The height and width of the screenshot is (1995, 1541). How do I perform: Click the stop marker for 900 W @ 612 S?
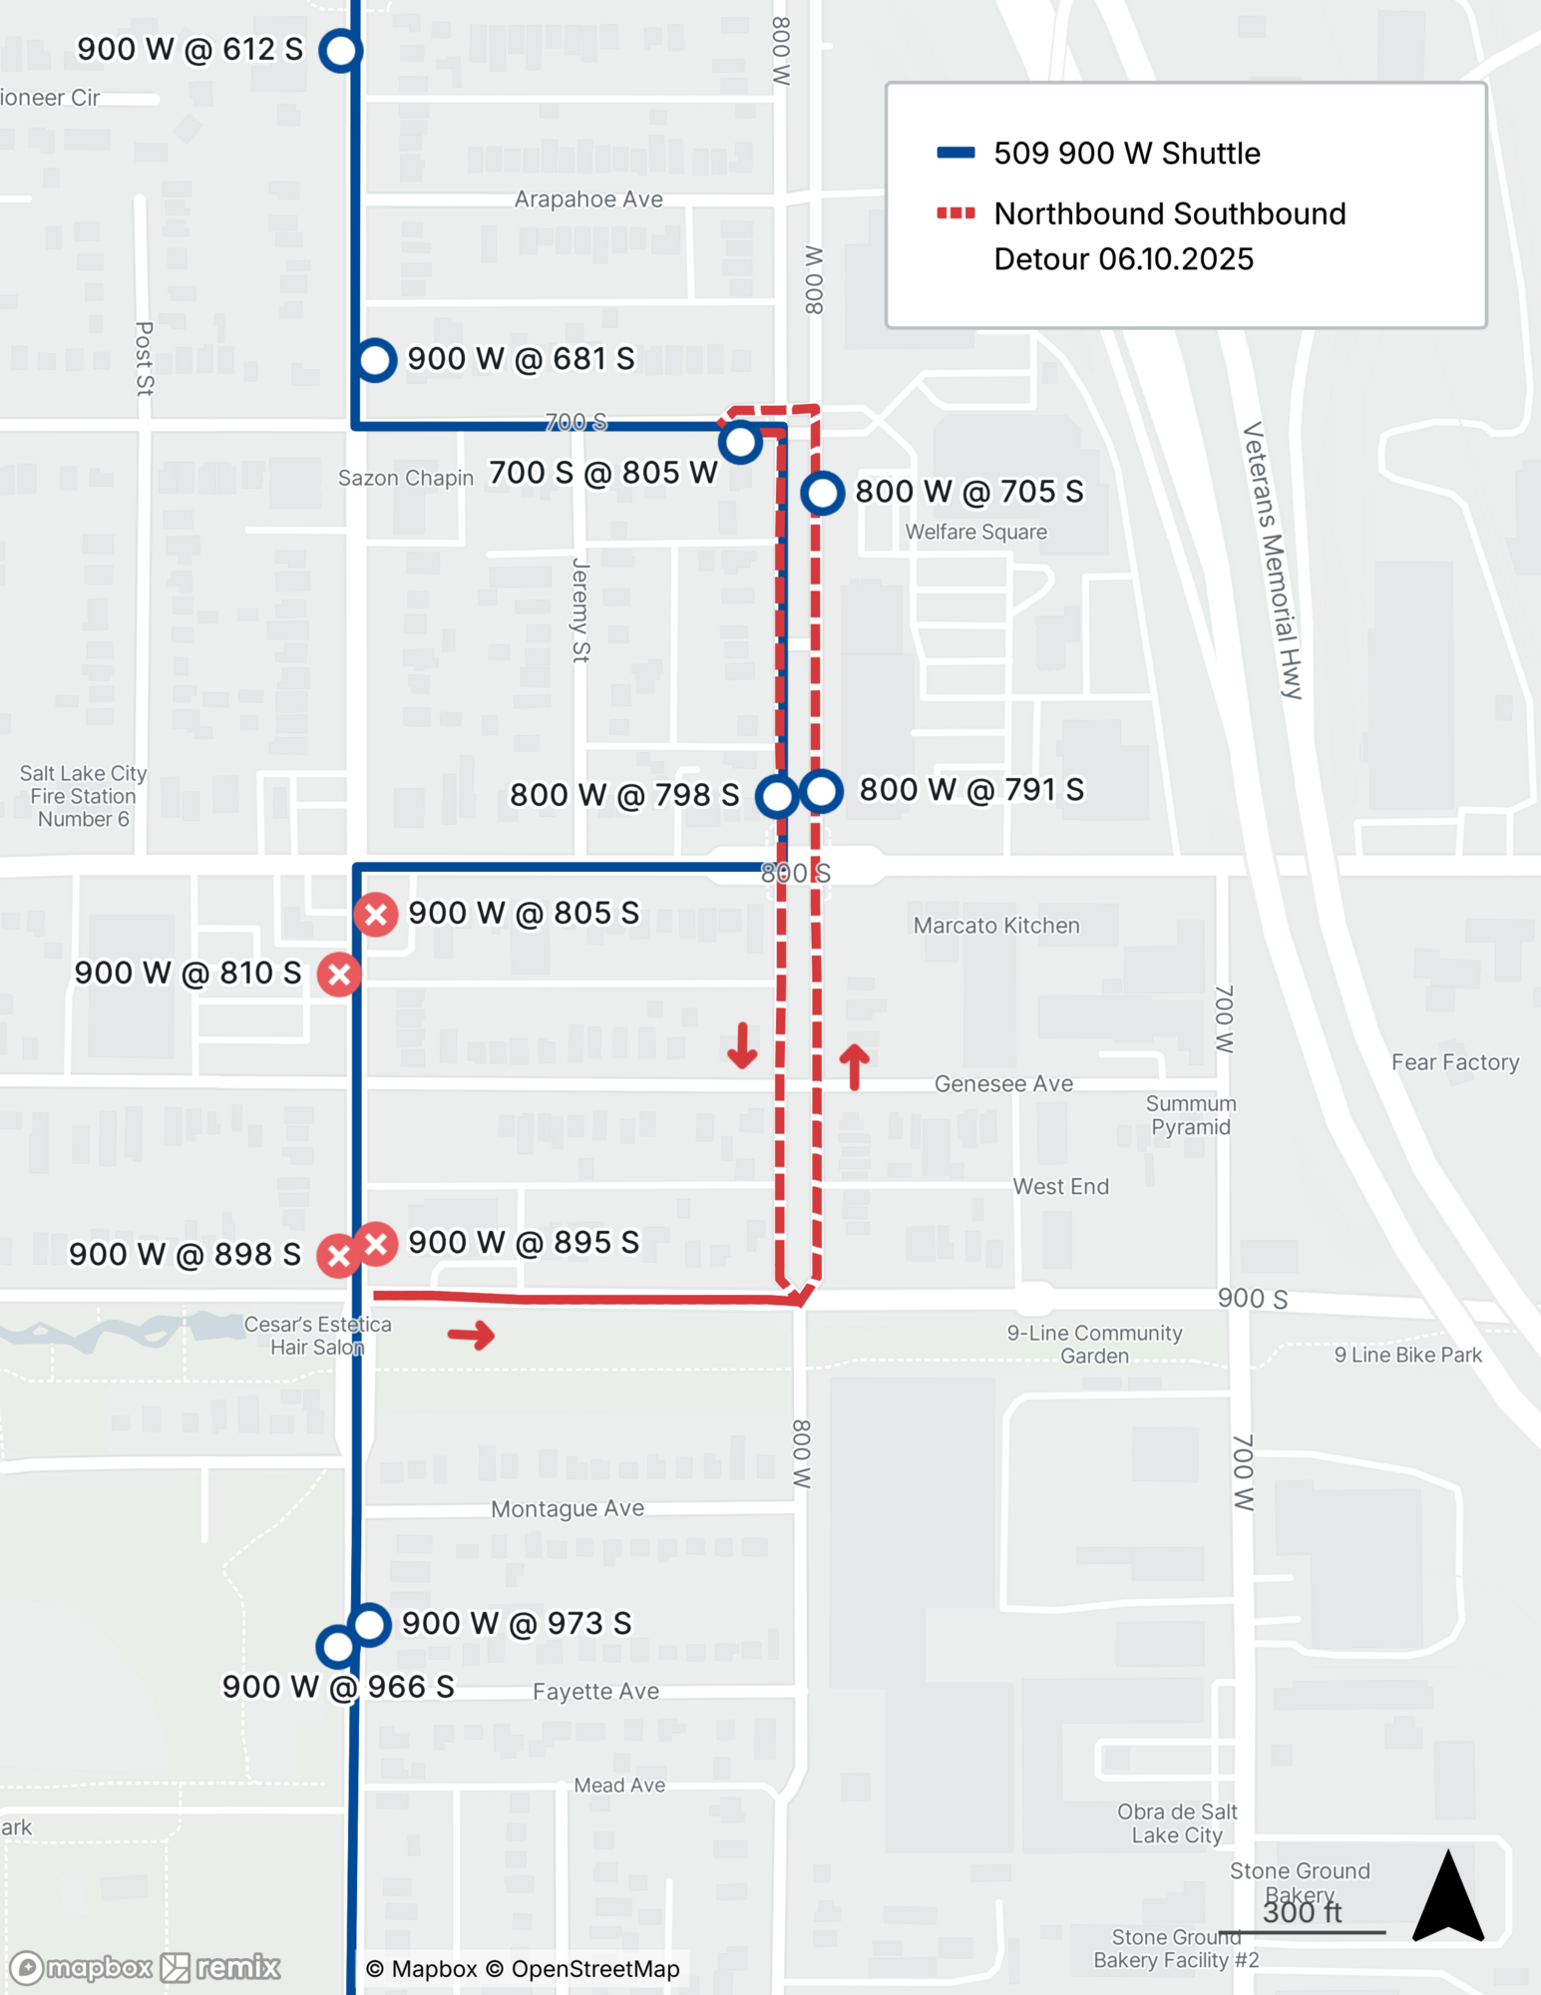click(x=340, y=50)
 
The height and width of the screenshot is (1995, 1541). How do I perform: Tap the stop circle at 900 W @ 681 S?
click(x=376, y=359)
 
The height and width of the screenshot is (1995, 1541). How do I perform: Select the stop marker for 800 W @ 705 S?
click(x=823, y=493)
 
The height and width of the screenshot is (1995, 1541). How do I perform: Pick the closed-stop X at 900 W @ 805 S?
click(x=376, y=914)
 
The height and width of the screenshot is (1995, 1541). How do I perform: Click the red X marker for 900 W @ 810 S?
click(x=339, y=975)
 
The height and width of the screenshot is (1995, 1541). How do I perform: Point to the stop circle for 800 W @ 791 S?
click(x=821, y=791)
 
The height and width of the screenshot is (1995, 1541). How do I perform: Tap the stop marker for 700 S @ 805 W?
click(x=740, y=442)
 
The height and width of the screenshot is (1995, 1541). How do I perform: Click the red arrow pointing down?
click(x=742, y=1044)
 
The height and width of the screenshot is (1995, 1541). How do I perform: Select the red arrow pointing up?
click(x=854, y=1066)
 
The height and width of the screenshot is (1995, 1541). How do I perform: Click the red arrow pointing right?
click(x=472, y=1335)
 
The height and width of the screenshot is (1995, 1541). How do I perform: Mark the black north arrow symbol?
click(x=1448, y=1896)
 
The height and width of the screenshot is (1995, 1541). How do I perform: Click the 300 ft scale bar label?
click(x=1302, y=1912)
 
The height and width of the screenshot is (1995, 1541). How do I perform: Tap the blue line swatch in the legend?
click(x=956, y=153)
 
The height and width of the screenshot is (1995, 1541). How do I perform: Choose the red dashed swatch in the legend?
click(x=956, y=212)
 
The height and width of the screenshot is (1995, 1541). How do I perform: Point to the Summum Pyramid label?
click(x=1191, y=1115)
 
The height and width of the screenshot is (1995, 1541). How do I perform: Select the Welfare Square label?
click(x=975, y=532)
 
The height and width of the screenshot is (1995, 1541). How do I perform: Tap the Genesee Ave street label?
click(x=1003, y=1083)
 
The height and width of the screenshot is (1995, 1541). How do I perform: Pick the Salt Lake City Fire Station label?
click(x=83, y=796)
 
